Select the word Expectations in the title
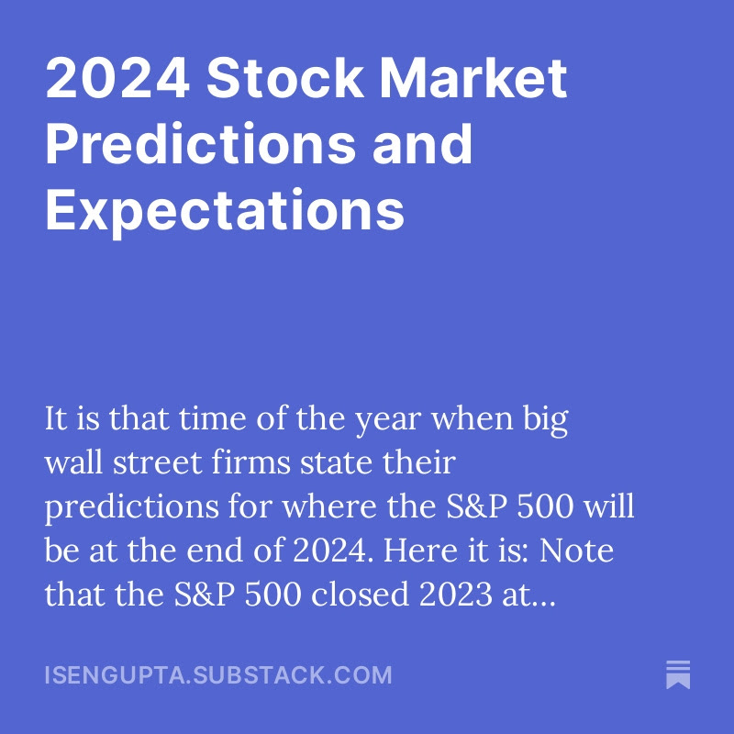[x=225, y=209]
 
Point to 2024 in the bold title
[x=117, y=81]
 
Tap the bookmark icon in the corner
[x=678, y=674]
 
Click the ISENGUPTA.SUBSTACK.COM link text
[x=218, y=675]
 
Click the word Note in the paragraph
[x=579, y=552]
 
